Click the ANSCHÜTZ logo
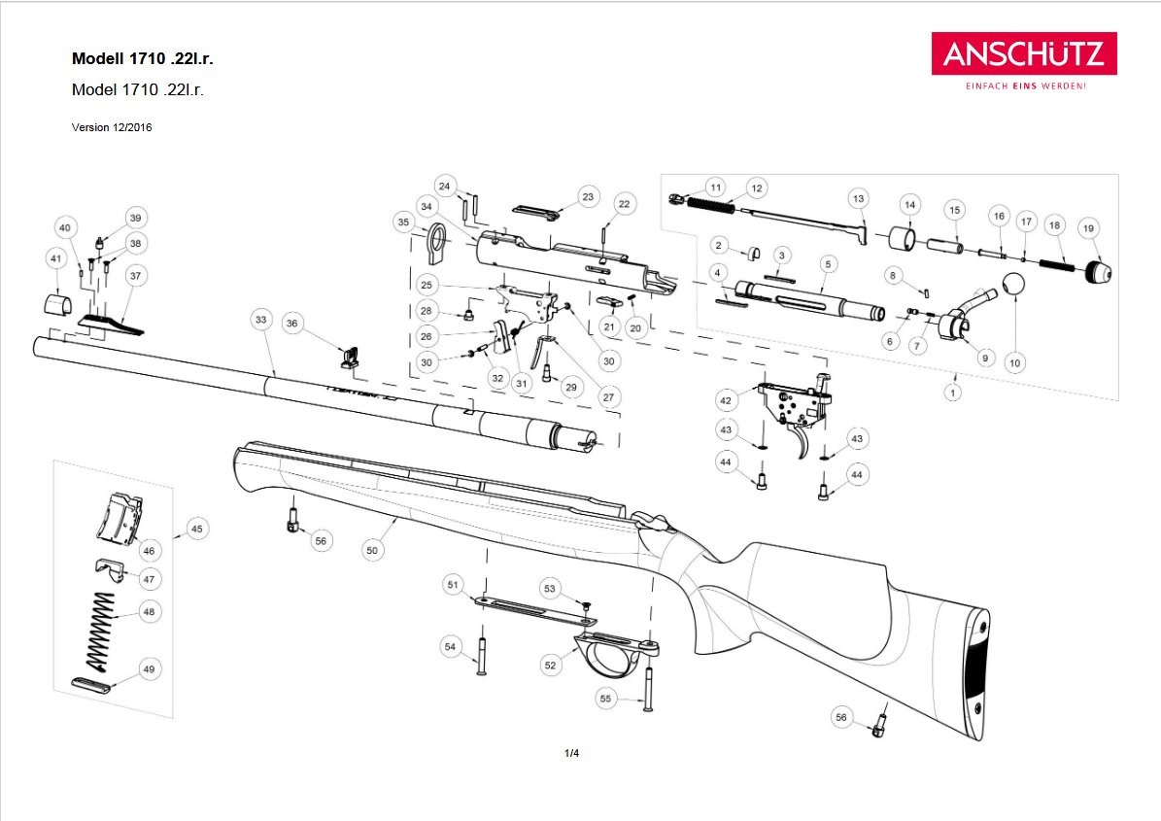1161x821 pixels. pyautogui.click(x=1024, y=53)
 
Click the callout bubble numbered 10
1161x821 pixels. pyautogui.click(x=1014, y=362)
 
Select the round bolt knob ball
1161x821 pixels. pyautogui.click(x=1013, y=285)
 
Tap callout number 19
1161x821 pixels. pyautogui.click(x=1088, y=228)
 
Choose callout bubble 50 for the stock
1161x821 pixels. pyautogui.click(x=371, y=550)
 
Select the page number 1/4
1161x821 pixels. pyautogui.click(x=571, y=753)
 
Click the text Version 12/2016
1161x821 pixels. pyautogui.click(x=112, y=127)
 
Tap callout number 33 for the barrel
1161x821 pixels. pyautogui.click(x=259, y=319)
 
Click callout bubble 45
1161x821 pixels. pyautogui.click(x=197, y=529)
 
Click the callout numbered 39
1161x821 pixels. pyautogui.click(x=135, y=217)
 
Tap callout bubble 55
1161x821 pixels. pyautogui.click(x=605, y=699)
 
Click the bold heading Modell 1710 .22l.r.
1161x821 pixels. pyautogui.click(x=143, y=58)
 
